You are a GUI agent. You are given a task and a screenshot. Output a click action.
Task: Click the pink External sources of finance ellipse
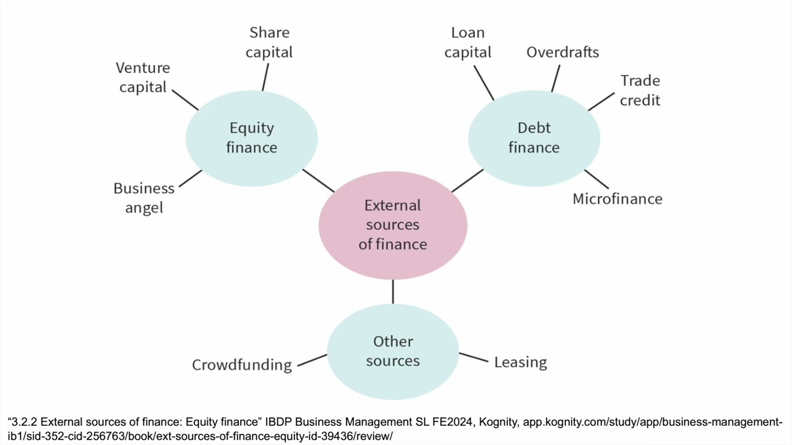[x=393, y=225]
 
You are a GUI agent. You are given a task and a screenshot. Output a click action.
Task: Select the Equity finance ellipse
[x=252, y=138]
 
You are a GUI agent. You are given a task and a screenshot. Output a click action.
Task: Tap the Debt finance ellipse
[x=534, y=138]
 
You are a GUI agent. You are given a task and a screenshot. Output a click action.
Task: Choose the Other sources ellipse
[x=393, y=351]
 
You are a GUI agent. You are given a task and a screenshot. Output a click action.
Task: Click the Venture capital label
[x=143, y=77]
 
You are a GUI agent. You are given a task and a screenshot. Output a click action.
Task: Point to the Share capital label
[x=269, y=42]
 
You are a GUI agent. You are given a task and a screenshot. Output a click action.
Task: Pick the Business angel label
[x=144, y=198]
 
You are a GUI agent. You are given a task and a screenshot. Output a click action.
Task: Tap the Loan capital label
[x=468, y=42]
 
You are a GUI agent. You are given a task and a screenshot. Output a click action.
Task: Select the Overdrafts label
[x=562, y=52]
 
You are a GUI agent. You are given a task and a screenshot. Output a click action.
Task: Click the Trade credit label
[x=640, y=90]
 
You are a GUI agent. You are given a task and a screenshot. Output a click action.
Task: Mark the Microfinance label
[x=618, y=199]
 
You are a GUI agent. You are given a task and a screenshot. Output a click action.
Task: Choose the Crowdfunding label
[x=242, y=365]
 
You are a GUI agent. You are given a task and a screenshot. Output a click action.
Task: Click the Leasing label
[x=520, y=362]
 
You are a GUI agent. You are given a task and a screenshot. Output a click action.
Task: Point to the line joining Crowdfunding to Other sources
[x=312, y=360]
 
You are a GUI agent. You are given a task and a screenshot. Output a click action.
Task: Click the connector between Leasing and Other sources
[x=473, y=357]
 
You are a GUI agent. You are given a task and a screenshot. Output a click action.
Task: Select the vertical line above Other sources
[x=393, y=291]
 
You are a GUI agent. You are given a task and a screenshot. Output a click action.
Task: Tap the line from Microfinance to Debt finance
[x=596, y=179]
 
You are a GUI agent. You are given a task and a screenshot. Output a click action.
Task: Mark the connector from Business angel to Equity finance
[x=191, y=178]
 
